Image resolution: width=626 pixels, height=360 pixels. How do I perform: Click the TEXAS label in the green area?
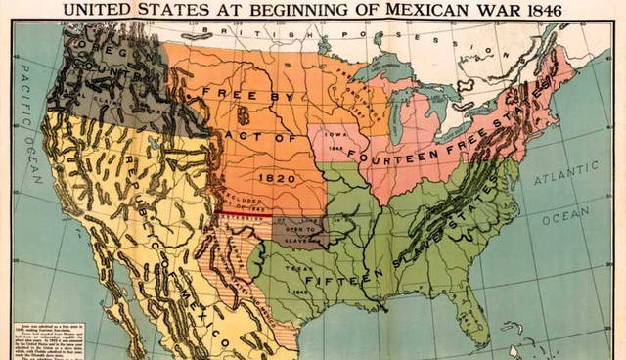coord(296,269)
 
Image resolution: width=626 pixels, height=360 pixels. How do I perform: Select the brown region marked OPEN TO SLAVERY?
coord(299,233)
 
